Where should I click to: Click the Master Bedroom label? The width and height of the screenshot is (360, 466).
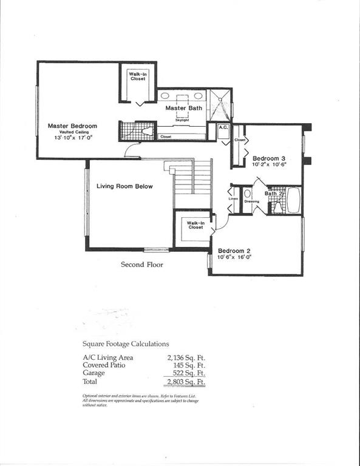[x=72, y=126]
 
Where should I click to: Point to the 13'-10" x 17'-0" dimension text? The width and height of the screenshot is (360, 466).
[x=72, y=138]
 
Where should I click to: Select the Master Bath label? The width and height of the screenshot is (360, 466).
[x=184, y=108]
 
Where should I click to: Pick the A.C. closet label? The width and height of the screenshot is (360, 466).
[x=223, y=128]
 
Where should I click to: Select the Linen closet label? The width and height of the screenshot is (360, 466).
[x=233, y=199]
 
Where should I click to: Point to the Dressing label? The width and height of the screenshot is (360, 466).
[x=251, y=201]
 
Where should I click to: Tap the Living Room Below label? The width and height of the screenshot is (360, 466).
[x=124, y=186]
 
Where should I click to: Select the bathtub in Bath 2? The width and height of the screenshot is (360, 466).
[x=293, y=201]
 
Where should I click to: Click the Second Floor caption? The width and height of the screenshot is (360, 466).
[x=141, y=265]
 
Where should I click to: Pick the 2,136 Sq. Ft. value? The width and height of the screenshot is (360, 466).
[x=186, y=357]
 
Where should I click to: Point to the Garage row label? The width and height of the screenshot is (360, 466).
[x=93, y=374]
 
